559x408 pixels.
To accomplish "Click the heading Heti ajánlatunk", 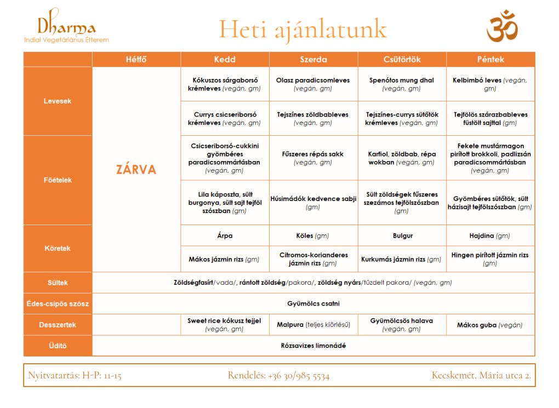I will pyautogui.click(x=303, y=29).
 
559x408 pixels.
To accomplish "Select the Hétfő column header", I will pyautogui.click(x=136, y=59).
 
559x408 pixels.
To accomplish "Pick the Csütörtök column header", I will pyautogui.click(x=402, y=59).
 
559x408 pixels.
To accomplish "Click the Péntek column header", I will pyautogui.click(x=490, y=59).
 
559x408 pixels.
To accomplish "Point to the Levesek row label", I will pyautogui.click(x=58, y=101).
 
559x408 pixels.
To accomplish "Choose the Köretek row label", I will pyautogui.click(x=58, y=248).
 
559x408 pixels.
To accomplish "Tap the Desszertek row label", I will pyautogui.click(x=58, y=325).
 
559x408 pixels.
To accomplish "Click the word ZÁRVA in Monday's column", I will pyautogui.click(x=136, y=169).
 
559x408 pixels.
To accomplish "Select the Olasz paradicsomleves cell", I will pyautogui.click(x=313, y=84).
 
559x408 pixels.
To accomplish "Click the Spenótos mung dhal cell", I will pyautogui.click(x=402, y=84).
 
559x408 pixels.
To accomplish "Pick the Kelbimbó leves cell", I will pyautogui.click(x=490, y=84).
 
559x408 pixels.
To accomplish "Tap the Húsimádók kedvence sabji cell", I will pyautogui.click(x=313, y=203).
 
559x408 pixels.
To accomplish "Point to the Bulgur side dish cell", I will pyautogui.click(x=402, y=235).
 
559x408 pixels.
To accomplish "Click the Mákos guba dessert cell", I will pyautogui.click(x=490, y=325).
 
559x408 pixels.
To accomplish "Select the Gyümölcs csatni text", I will pyautogui.click(x=313, y=303).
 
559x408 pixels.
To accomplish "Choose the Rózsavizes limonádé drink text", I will pyautogui.click(x=313, y=346).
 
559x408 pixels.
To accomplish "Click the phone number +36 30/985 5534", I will pyautogui.click(x=279, y=376).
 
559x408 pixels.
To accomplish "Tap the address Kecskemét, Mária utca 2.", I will pyautogui.click(x=481, y=376).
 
